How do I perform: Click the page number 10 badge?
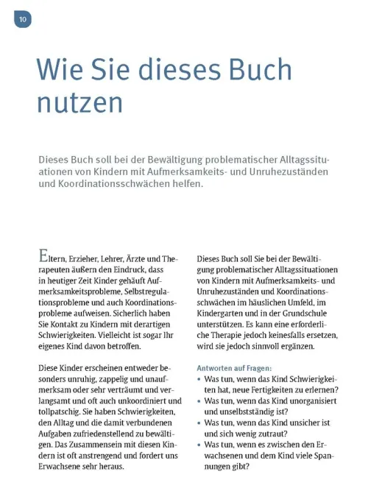coord(22,19)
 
